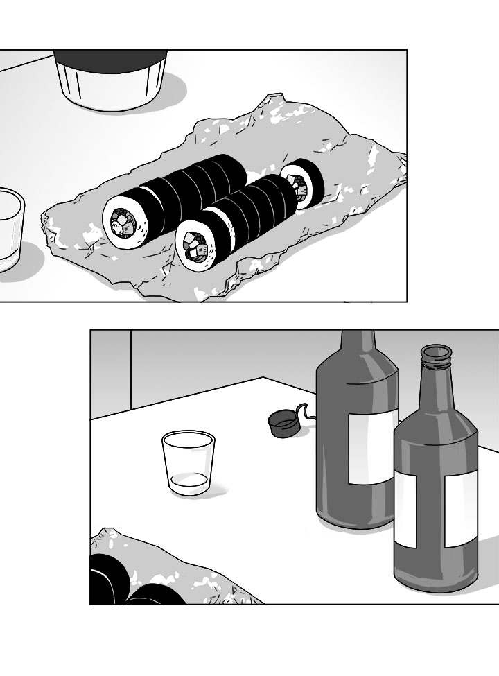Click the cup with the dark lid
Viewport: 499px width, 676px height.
point(111,78)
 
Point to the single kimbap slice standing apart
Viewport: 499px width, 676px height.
point(302,184)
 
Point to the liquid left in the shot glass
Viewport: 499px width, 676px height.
point(189,480)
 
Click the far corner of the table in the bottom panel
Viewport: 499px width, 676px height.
point(265,378)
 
